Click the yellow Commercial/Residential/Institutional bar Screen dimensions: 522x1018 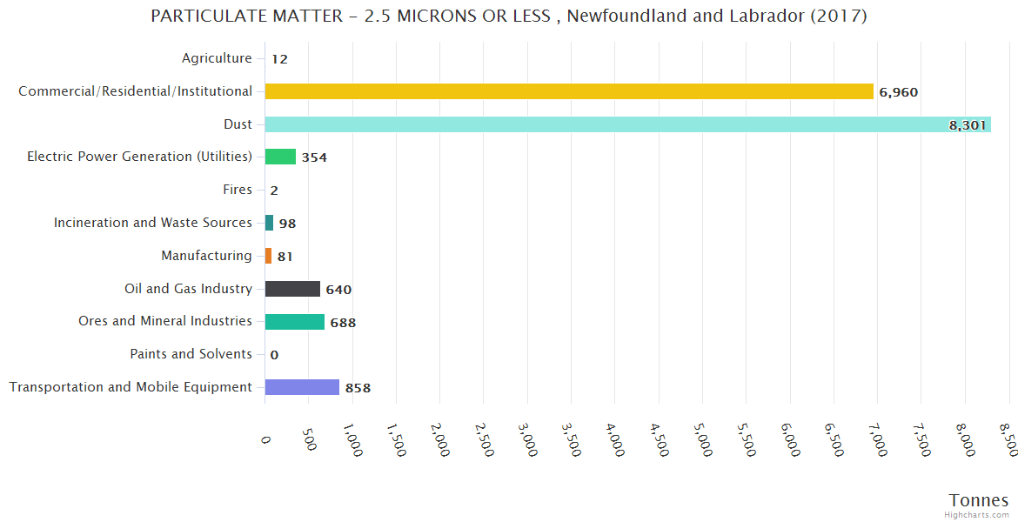click(569, 91)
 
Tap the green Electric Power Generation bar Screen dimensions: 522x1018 click(280, 157)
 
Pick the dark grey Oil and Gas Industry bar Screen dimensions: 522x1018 click(292, 289)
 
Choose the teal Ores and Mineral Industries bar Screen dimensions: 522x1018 click(294, 322)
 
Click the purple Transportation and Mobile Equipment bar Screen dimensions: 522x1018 click(302, 387)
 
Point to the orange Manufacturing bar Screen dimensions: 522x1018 click(268, 256)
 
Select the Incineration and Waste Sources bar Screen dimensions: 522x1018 click(269, 223)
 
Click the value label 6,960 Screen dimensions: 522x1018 click(898, 92)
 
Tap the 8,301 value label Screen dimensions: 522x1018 click(968, 125)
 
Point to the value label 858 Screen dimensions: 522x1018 click(358, 388)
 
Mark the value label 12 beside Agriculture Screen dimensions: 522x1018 click(279, 59)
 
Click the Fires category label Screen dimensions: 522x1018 click(238, 190)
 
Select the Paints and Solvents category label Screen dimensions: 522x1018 click(191, 354)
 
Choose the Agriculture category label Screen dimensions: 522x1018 click(217, 58)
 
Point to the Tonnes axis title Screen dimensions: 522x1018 click(978, 500)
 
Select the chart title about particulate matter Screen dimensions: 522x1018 click(509, 17)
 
